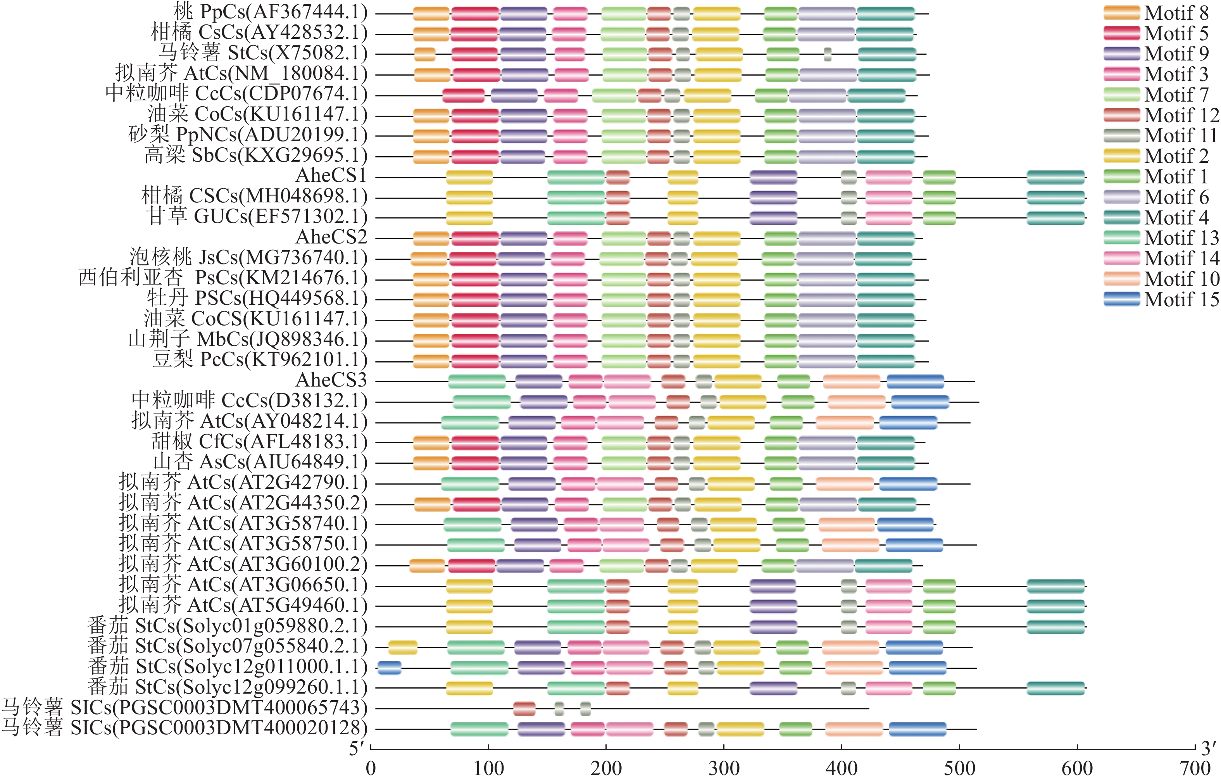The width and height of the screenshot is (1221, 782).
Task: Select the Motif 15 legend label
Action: [1181, 300]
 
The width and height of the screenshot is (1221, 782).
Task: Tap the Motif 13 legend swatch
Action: [1121, 238]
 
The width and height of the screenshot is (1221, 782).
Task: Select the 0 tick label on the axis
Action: [371, 768]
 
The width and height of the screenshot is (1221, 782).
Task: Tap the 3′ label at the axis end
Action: [1208, 749]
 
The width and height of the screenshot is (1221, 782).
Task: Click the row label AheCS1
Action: [331, 176]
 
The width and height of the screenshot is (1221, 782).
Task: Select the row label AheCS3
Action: [331, 380]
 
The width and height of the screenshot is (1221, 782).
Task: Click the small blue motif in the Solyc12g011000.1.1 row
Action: [390, 668]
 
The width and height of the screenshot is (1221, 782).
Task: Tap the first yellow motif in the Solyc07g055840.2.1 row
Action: [403, 647]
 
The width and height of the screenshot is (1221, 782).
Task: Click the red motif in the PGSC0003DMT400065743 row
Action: [524, 708]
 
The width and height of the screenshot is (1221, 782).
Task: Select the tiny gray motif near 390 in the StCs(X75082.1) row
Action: [828, 54]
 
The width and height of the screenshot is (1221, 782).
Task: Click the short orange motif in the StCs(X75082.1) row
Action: [424, 54]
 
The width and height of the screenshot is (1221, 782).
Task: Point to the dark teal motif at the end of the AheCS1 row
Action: [1055, 177]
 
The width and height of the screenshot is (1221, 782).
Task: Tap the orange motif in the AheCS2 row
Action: [431, 238]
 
